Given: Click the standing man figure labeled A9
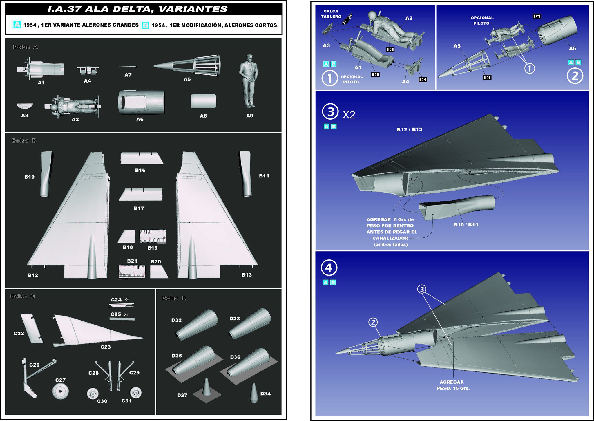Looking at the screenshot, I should (x=249, y=81).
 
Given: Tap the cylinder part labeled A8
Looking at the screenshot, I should (x=203, y=101).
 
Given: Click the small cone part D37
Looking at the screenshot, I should (x=207, y=387).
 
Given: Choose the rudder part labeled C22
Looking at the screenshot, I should (x=32, y=329).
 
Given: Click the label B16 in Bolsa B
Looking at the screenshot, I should (x=140, y=170).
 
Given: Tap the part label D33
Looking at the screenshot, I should (x=235, y=319).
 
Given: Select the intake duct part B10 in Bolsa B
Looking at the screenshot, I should (x=46, y=174).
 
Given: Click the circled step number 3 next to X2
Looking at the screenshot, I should (x=330, y=112).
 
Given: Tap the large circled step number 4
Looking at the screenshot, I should (x=329, y=268).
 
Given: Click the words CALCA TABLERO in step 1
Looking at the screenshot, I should (x=331, y=14).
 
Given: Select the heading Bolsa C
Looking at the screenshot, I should (x=23, y=296).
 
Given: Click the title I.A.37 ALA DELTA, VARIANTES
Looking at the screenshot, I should (x=137, y=9).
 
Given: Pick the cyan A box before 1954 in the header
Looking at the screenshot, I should (x=17, y=25).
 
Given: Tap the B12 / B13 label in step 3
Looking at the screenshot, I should (x=409, y=129).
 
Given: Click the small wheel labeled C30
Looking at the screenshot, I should (x=93, y=393).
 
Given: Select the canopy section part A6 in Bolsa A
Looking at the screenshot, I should (x=141, y=102).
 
